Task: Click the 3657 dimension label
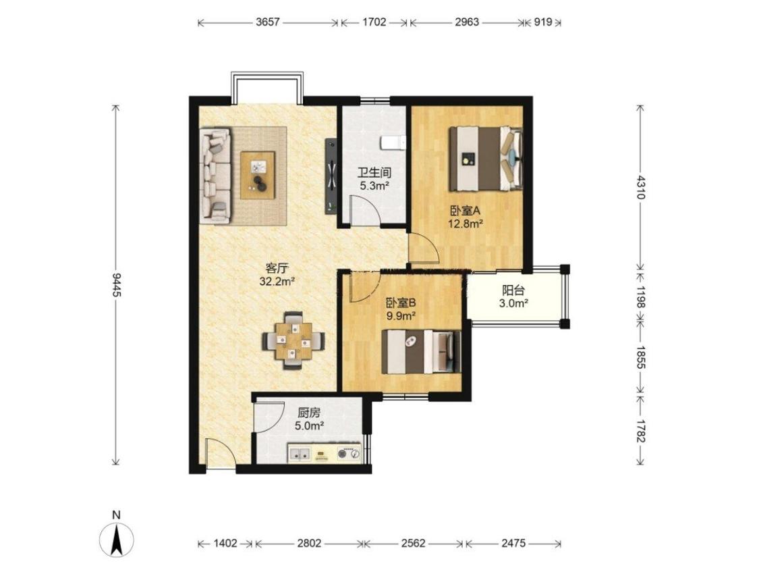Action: point(267,22)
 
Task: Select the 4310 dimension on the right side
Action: point(641,187)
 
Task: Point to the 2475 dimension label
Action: point(513,544)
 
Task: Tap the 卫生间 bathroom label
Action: point(374,172)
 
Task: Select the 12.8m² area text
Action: point(466,224)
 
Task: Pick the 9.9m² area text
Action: point(401,317)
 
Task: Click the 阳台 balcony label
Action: point(513,291)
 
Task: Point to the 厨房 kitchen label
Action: point(309,413)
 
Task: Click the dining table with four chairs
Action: point(293,341)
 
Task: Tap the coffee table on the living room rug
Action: point(258,175)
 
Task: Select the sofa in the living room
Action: point(215,176)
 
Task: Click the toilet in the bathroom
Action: point(393,143)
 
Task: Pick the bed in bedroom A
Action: point(486,159)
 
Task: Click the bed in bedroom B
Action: point(421,351)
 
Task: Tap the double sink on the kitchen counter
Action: point(301,454)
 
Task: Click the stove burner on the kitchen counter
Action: point(349,454)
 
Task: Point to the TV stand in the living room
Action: point(331,176)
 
